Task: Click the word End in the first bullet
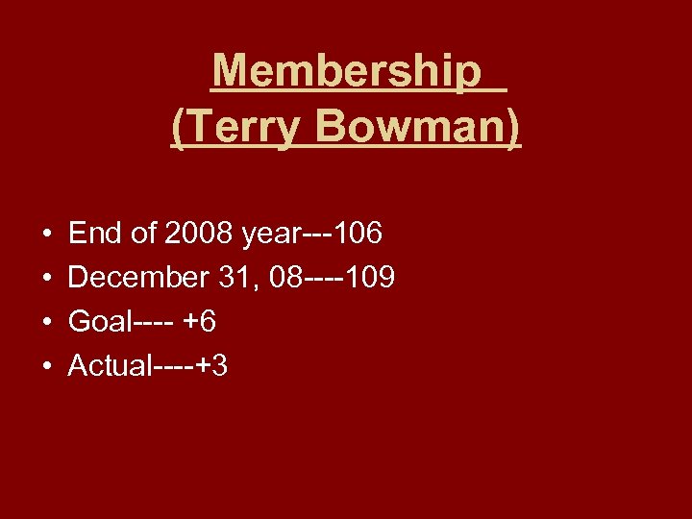point(94,233)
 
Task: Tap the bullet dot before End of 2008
point(47,235)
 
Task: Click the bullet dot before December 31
point(47,279)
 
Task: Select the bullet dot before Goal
point(47,323)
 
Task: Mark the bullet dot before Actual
point(47,367)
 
